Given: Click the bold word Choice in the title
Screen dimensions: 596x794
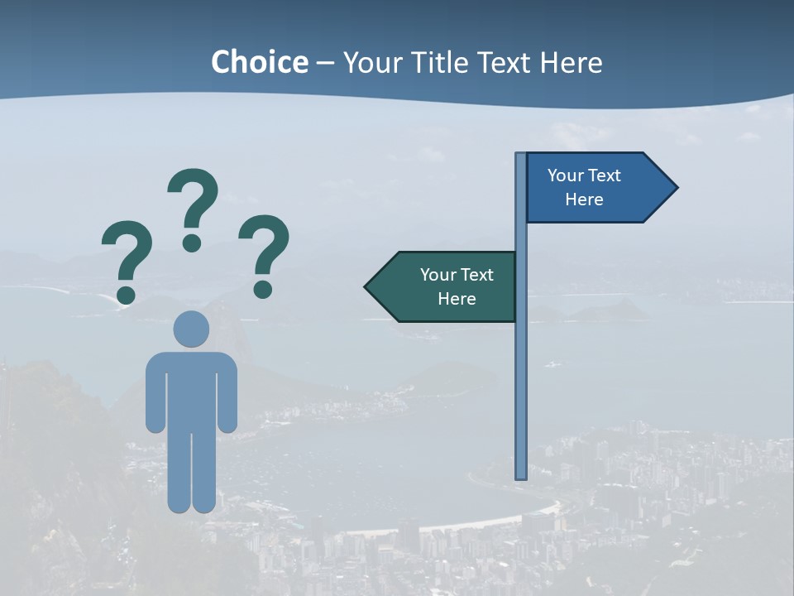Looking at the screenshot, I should coord(259,62).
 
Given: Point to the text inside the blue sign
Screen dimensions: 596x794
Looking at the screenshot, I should coord(584,187).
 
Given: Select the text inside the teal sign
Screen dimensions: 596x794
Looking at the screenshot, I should coord(457,286).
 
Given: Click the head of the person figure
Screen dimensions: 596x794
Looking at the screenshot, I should coord(191,329).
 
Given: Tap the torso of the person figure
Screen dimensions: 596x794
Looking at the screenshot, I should coord(191,389).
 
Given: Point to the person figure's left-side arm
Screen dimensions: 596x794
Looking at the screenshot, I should coord(155,393).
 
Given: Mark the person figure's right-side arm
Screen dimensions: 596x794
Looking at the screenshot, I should coord(228,393).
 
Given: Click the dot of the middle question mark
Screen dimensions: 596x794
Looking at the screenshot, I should coord(192,243).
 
